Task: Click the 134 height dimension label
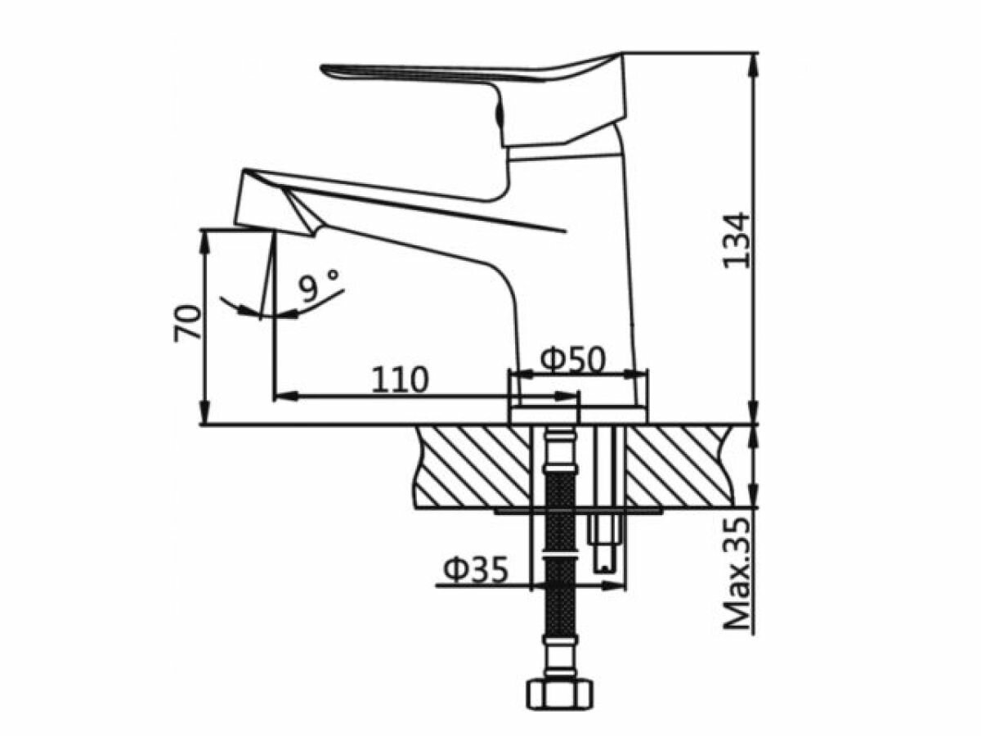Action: pos(735,239)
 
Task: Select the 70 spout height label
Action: pos(187,322)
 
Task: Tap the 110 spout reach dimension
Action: pos(400,379)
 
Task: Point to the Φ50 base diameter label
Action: pos(573,359)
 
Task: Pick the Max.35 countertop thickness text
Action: pos(739,572)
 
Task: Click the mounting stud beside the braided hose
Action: pos(606,523)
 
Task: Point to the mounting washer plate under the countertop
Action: pos(577,511)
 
